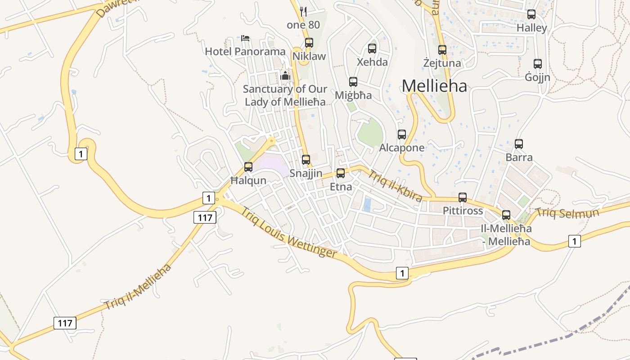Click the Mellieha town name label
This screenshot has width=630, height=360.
[x=434, y=86]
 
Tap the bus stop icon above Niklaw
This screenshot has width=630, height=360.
[x=309, y=43]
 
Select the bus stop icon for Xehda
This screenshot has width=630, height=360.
[x=372, y=49]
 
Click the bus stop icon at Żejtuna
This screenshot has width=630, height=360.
[x=442, y=50]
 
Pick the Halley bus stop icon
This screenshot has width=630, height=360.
[x=531, y=14]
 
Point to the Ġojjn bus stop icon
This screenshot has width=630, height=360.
[x=537, y=64]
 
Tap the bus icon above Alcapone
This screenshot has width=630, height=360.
[x=402, y=135]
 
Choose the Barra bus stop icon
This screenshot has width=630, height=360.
[x=519, y=144]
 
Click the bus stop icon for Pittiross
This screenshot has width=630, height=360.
[x=463, y=198]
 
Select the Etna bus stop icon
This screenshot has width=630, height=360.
[x=341, y=173]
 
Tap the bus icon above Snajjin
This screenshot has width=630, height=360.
[x=306, y=160]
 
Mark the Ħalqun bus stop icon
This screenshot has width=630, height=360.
[x=248, y=167]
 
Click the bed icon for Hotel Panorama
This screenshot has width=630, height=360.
[x=245, y=38]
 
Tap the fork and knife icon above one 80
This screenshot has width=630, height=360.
[x=303, y=12]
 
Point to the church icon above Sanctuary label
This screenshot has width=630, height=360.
[x=285, y=76]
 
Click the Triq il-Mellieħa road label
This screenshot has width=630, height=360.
[x=138, y=287]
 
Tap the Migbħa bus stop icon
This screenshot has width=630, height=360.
[x=353, y=82]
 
